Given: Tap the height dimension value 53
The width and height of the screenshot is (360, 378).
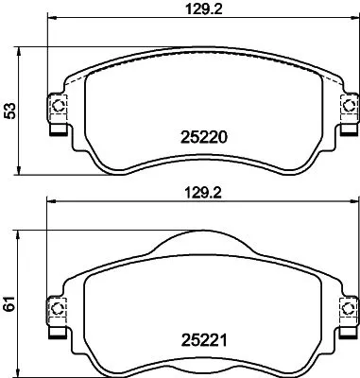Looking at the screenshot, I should pos(9,112).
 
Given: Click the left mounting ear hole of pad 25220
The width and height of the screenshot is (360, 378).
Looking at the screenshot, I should pos(55,105).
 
